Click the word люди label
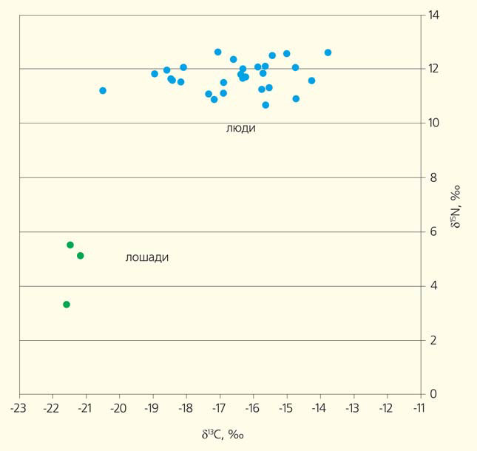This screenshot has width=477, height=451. [240, 129]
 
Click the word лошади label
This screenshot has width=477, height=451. [147, 258]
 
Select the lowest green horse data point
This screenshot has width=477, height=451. [67, 305]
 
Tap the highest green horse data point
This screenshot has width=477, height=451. [70, 245]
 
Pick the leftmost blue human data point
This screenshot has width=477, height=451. [103, 91]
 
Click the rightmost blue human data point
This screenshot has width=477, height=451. [328, 52]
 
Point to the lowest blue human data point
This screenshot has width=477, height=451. [265, 105]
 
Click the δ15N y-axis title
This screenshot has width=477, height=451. [456, 205]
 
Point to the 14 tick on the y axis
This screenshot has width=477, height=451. [434, 15]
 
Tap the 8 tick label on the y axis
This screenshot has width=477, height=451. [434, 177]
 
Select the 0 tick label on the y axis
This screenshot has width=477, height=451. [434, 394]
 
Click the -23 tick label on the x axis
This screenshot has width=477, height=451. [18, 408]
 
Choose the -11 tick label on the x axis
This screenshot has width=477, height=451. [420, 408]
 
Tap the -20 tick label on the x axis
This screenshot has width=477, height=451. [118, 408]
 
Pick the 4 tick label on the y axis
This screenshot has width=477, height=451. [434, 286]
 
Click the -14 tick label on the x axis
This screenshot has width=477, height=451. [319, 408]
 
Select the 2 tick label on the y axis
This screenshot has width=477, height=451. [434, 340]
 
